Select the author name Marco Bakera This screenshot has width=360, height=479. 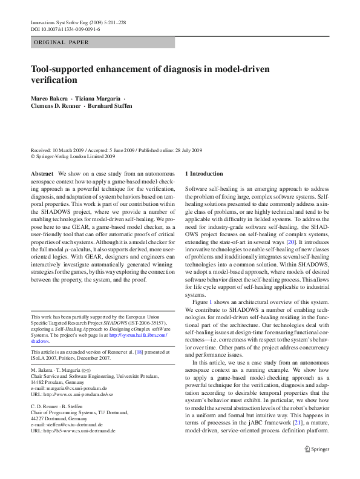tap(49, 98)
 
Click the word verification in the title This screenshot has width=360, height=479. tap(54, 80)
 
